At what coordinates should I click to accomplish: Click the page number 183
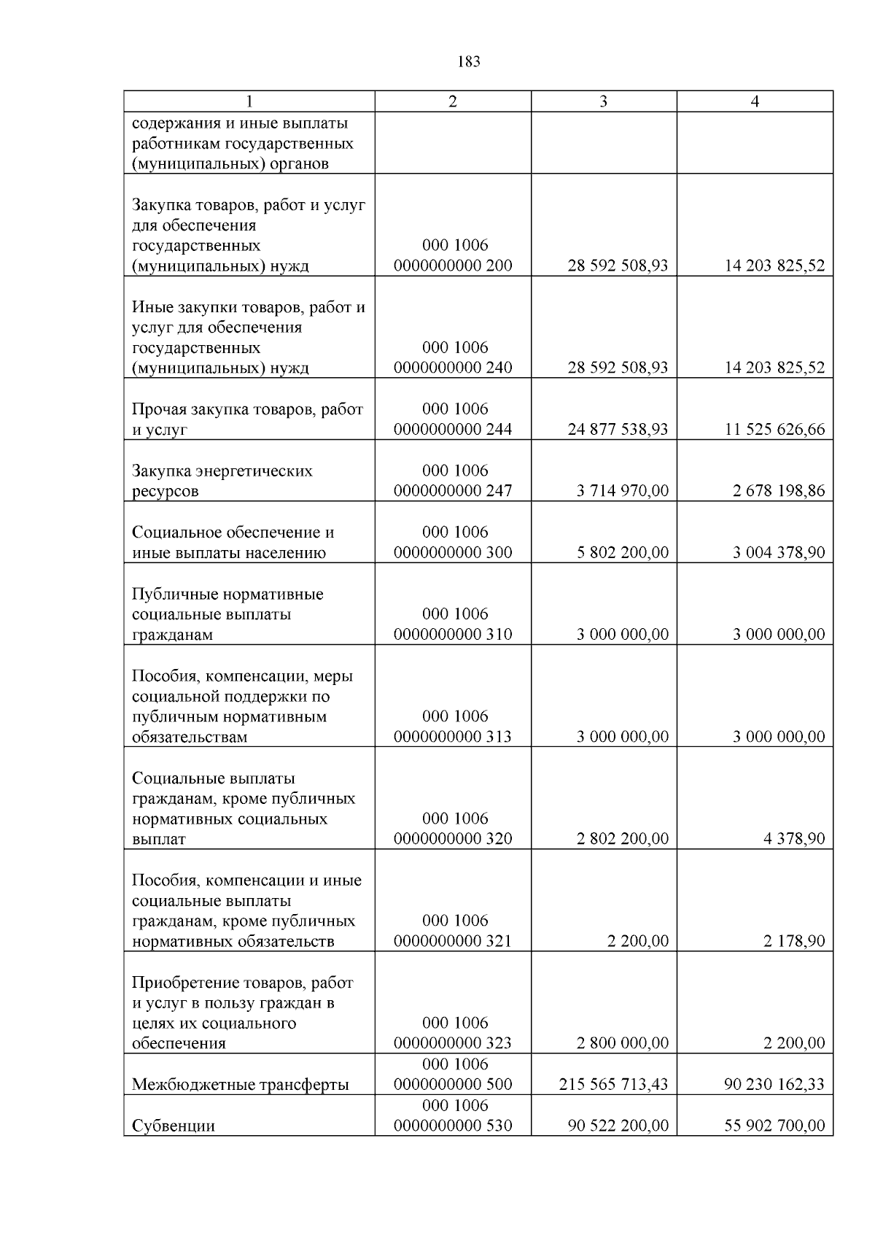(468, 62)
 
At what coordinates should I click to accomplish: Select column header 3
(603, 101)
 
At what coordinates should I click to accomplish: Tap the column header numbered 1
(249, 101)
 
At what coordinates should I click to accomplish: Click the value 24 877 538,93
(618, 429)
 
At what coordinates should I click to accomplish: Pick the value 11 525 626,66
(774, 429)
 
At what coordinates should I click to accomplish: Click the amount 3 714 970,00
(622, 491)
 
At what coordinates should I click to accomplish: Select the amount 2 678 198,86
(779, 491)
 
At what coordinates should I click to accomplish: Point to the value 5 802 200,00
(622, 552)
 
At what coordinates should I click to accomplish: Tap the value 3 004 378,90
(779, 552)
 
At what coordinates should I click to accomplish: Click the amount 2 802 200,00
(622, 839)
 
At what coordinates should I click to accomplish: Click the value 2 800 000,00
(622, 1043)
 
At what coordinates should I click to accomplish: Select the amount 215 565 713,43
(613, 1085)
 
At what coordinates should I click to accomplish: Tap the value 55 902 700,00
(774, 1126)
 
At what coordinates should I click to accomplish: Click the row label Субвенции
(173, 1126)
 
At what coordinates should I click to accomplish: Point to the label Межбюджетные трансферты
(240, 1085)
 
